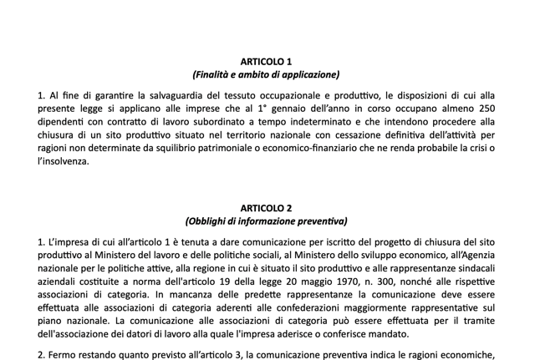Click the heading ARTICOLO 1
tap(266, 62)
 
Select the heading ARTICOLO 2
tap(266, 208)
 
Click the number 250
tap(485, 110)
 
